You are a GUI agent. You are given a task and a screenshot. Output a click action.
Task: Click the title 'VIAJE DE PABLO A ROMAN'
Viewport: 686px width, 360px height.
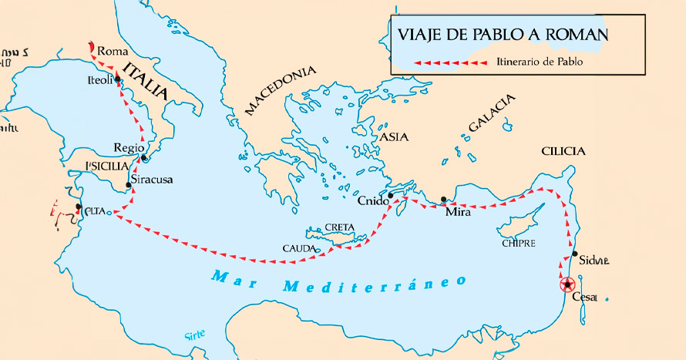coord(502,35)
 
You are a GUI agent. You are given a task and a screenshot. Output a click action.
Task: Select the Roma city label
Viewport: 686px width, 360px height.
coord(113,51)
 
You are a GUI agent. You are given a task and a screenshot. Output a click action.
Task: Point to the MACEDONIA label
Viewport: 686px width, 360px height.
coord(281,90)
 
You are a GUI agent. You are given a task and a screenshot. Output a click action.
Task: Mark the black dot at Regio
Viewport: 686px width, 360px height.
coord(144,158)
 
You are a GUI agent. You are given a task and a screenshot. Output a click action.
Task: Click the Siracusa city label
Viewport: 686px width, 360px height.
coord(152,179)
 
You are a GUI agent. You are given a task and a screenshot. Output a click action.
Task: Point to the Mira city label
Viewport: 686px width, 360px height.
coord(458,211)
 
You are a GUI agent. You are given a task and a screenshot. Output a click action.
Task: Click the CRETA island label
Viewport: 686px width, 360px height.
coord(339,227)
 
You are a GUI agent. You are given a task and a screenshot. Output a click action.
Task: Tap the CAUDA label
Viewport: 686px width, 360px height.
coord(298,249)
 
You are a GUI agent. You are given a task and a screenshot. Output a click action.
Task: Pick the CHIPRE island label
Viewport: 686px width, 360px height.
coord(518,243)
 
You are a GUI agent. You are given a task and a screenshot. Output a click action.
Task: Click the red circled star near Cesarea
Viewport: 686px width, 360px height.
coord(567,284)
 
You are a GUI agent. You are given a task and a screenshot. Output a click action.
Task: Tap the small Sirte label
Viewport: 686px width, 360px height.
coord(195,335)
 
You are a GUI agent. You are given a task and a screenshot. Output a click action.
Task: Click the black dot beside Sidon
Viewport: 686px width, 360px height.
coord(574,254)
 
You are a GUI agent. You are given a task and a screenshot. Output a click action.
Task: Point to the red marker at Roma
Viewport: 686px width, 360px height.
coord(92,48)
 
